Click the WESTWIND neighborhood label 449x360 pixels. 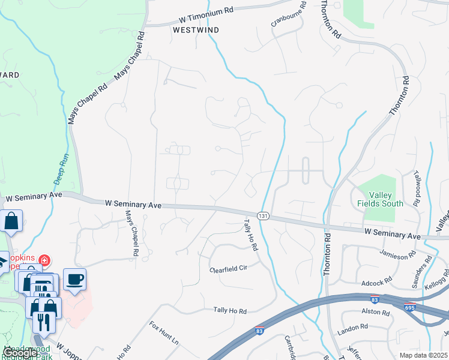coord(196,29)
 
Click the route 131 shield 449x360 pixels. coord(262,215)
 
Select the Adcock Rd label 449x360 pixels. coord(376,280)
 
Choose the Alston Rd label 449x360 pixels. coord(376,311)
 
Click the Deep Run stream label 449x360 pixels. coord(62,169)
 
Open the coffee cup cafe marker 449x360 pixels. coord(74,279)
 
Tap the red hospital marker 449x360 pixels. coord(44,260)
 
